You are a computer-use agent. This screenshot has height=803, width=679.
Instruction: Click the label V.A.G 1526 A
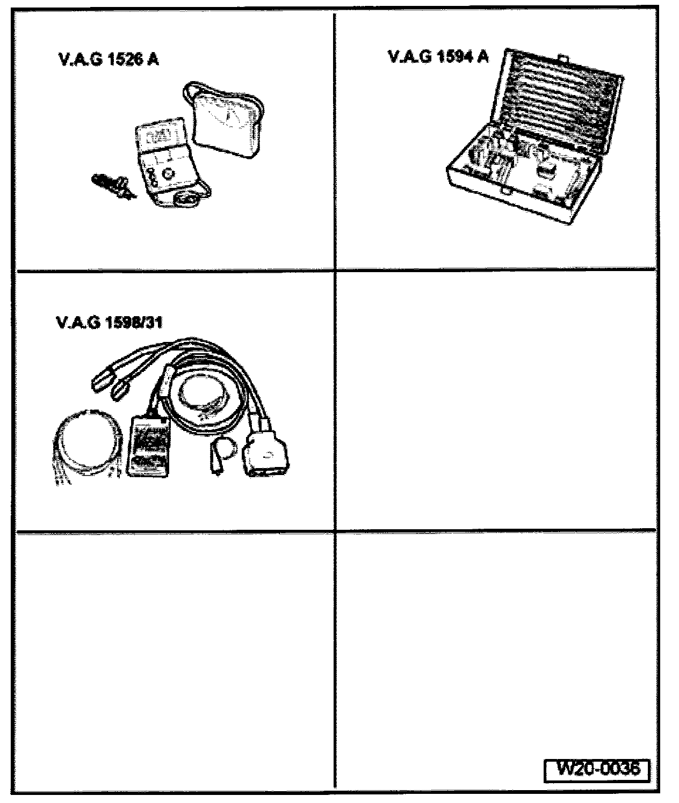click(x=107, y=60)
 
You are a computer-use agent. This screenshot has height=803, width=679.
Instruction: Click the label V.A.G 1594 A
click(x=438, y=56)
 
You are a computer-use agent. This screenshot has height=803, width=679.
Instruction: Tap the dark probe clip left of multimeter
click(x=110, y=186)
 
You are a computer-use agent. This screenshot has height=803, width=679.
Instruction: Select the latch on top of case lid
click(x=563, y=56)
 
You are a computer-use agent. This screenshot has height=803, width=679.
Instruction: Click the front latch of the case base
click(x=505, y=191)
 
